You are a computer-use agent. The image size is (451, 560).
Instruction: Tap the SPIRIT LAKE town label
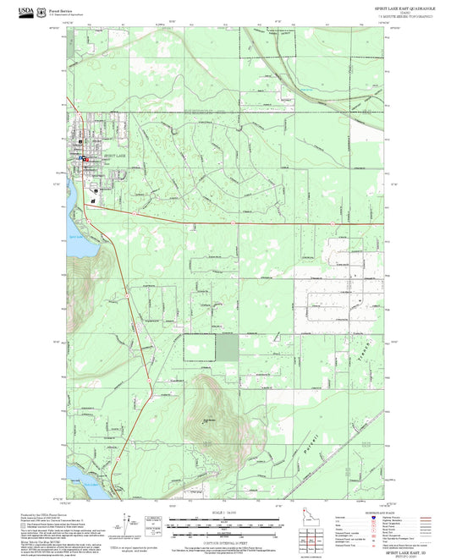[113, 157]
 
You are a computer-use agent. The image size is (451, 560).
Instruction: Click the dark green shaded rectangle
[228, 349]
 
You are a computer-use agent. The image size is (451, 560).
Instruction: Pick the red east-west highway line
[254, 223]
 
